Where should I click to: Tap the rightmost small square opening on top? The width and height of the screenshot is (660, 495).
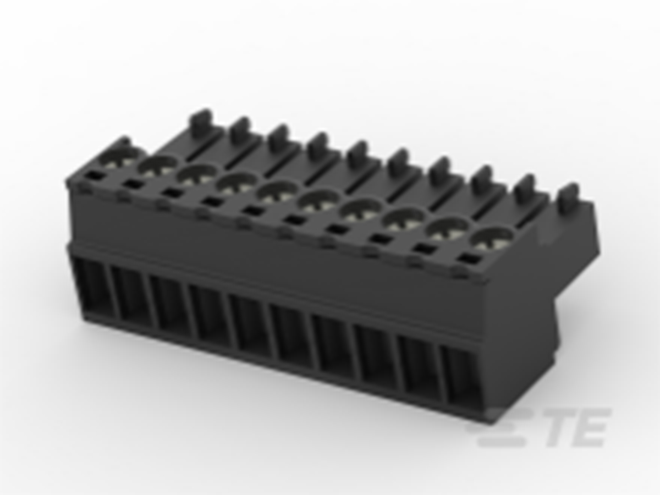(x=468, y=259)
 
